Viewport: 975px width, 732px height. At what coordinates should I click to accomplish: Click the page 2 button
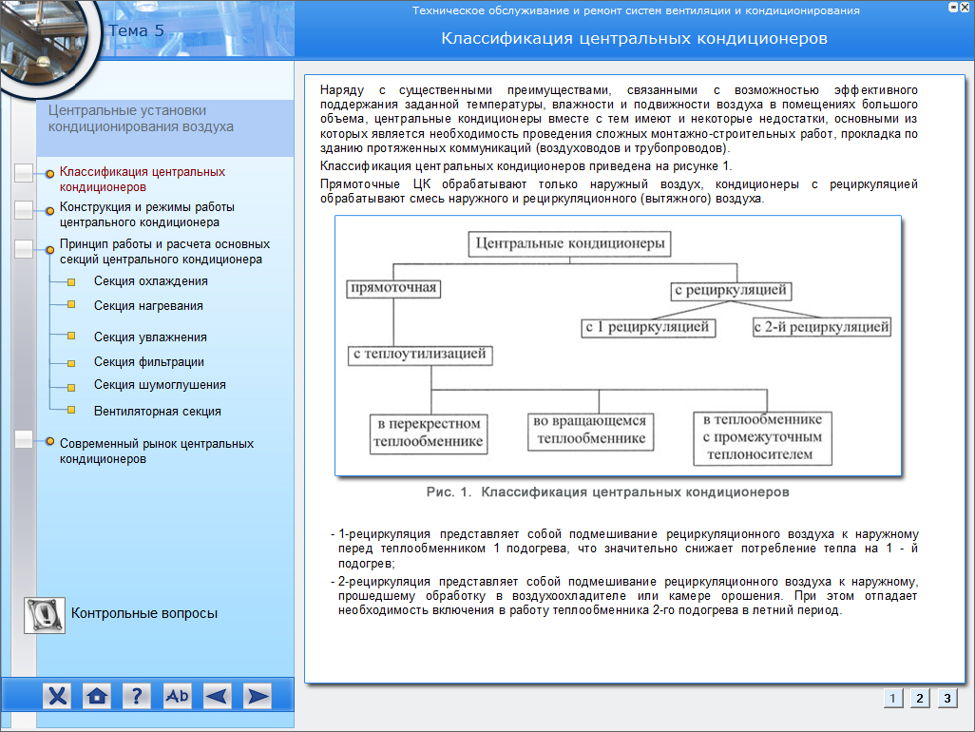point(919,698)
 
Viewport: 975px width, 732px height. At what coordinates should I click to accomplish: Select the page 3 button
point(946,698)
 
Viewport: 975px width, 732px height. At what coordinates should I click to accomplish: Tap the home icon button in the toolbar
point(96,696)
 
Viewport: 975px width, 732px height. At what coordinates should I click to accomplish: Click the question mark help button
point(137,696)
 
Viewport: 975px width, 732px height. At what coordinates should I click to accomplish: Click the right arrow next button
point(257,696)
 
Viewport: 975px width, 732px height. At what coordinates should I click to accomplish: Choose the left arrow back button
point(217,696)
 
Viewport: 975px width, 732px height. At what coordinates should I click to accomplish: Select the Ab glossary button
point(177,696)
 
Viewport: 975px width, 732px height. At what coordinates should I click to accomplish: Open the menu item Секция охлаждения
point(150,281)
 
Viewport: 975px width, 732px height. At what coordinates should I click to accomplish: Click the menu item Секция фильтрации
point(148,362)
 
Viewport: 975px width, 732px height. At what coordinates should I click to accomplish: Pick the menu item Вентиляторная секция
point(157,412)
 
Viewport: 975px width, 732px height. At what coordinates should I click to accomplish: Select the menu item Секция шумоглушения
point(160,385)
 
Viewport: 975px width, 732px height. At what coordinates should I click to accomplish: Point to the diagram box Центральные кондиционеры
point(568,244)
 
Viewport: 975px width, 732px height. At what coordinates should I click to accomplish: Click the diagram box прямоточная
point(392,287)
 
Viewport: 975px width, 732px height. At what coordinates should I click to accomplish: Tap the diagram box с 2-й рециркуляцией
point(822,327)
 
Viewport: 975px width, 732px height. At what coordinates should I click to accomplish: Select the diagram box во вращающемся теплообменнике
point(590,431)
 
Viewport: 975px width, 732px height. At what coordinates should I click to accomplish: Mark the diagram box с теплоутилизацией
point(420,355)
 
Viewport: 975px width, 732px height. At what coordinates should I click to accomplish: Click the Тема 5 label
point(136,30)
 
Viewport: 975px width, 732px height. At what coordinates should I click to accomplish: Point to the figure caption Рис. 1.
point(607,492)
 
